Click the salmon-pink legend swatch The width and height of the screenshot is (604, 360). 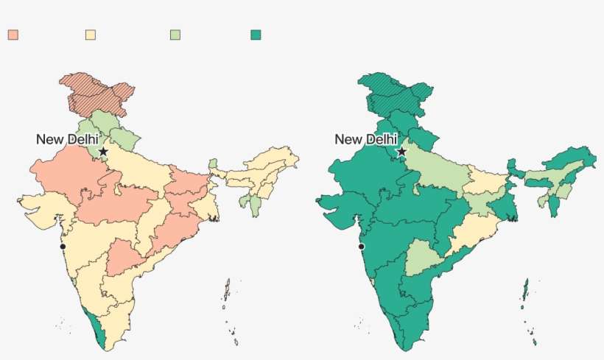[13, 35]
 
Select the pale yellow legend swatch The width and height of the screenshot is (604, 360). [91, 35]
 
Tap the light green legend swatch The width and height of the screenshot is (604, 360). [175, 35]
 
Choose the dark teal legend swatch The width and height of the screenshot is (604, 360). [256, 35]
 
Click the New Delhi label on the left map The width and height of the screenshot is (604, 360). [67, 138]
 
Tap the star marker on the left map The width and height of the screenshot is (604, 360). [103, 151]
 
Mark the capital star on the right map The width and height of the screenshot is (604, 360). [401, 151]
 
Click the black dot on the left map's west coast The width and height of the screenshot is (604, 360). [63, 246]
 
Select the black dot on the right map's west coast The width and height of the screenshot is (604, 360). [361, 246]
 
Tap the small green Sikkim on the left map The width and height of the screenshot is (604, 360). [213, 163]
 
